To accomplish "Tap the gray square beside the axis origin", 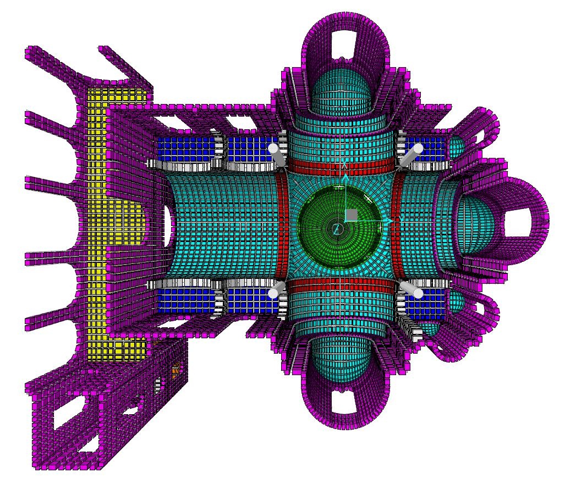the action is tap(352, 215).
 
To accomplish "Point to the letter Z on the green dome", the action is tap(336, 229).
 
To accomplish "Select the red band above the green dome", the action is tap(342, 165).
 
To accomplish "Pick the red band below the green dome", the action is tap(342, 285).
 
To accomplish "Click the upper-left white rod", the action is tap(278, 155).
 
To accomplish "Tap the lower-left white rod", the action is tap(277, 290).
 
